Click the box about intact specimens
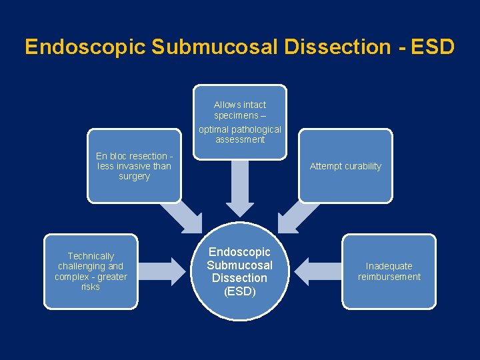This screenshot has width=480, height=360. pyautogui.click(x=240, y=122)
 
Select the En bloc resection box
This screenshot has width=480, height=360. pyautogui.click(x=134, y=166)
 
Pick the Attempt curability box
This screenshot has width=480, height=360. pyautogui.click(x=345, y=166)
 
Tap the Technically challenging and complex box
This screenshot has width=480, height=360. pyautogui.click(x=91, y=271)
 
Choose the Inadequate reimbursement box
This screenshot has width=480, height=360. pyautogui.click(x=389, y=271)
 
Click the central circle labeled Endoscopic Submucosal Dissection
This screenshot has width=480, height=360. pyautogui.click(x=240, y=271)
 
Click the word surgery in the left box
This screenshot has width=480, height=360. pyautogui.click(x=134, y=177)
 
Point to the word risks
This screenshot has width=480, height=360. pyautogui.click(x=91, y=287)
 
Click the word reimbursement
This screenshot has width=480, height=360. pyautogui.click(x=389, y=277)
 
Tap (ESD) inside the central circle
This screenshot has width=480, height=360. pyautogui.click(x=240, y=291)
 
